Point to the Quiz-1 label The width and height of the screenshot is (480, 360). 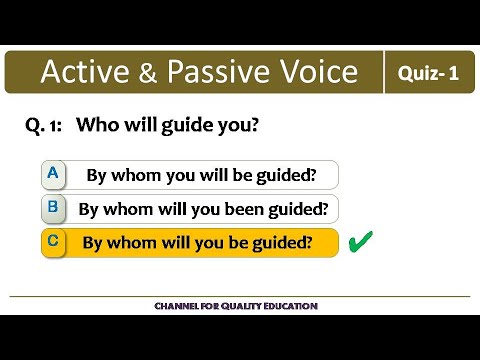428,72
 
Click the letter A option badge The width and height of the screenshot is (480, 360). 53,174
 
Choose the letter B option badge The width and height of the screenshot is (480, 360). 53,208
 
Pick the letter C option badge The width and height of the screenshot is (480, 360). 53,242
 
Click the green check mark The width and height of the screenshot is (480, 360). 360,242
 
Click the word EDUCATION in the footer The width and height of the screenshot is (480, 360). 288,305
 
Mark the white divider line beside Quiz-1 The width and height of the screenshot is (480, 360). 385,73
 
